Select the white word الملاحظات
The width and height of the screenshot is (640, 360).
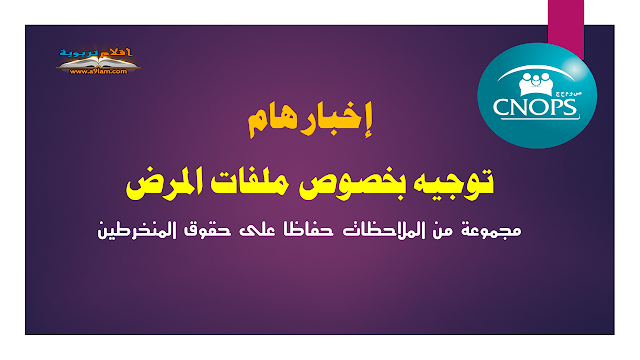coord(399,231)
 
